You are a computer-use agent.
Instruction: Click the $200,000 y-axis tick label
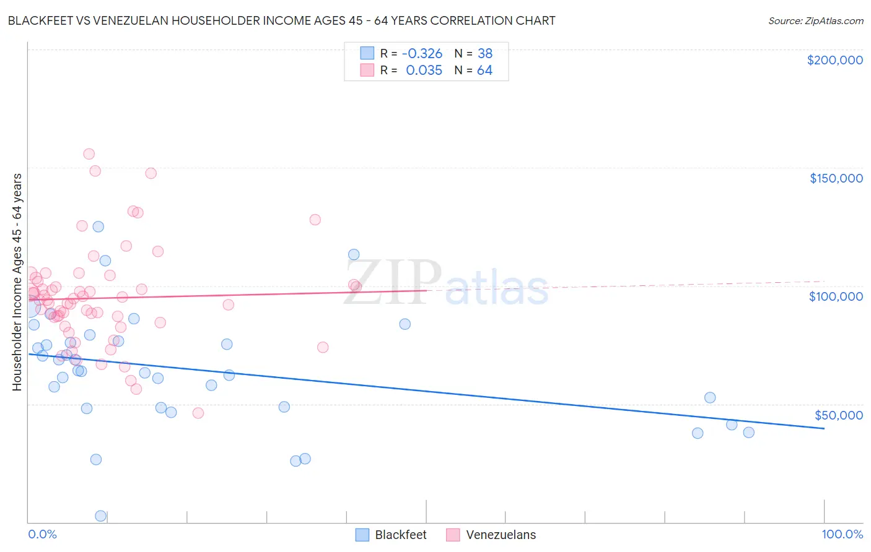click(x=834, y=60)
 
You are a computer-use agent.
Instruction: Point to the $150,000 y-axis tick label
click(x=836, y=178)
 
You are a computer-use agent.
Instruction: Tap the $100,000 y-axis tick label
click(x=836, y=296)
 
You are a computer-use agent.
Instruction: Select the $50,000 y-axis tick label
click(x=838, y=415)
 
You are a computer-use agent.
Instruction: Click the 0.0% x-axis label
click(x=42, y=534)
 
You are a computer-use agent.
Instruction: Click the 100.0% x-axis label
click(x=842, y=534)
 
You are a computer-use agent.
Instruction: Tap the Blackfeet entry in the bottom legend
click(x=400, y=535)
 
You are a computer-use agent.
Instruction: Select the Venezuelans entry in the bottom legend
click(x=501, y=535)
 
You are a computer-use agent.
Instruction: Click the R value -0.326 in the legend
click(x=422, y=53)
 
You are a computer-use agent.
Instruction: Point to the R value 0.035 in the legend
click(x=424, y=71)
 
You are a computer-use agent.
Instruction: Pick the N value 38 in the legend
click(x=484, y=53)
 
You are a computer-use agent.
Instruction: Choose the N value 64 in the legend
click(x=484, y=71)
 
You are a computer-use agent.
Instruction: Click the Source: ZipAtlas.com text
click(x=815, y=20)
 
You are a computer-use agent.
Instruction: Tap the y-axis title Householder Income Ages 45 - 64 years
click(x=17, y=282)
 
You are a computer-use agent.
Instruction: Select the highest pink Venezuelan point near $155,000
click(x=89, y=154)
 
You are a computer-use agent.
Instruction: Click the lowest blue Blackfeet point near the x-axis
click(x=100, y=515)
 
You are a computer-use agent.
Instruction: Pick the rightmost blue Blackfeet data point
click(x=748, y=433)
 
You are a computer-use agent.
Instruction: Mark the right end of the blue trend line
click(x=824, y=428)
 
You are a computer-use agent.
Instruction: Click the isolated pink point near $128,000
click(x=315, y=220)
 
